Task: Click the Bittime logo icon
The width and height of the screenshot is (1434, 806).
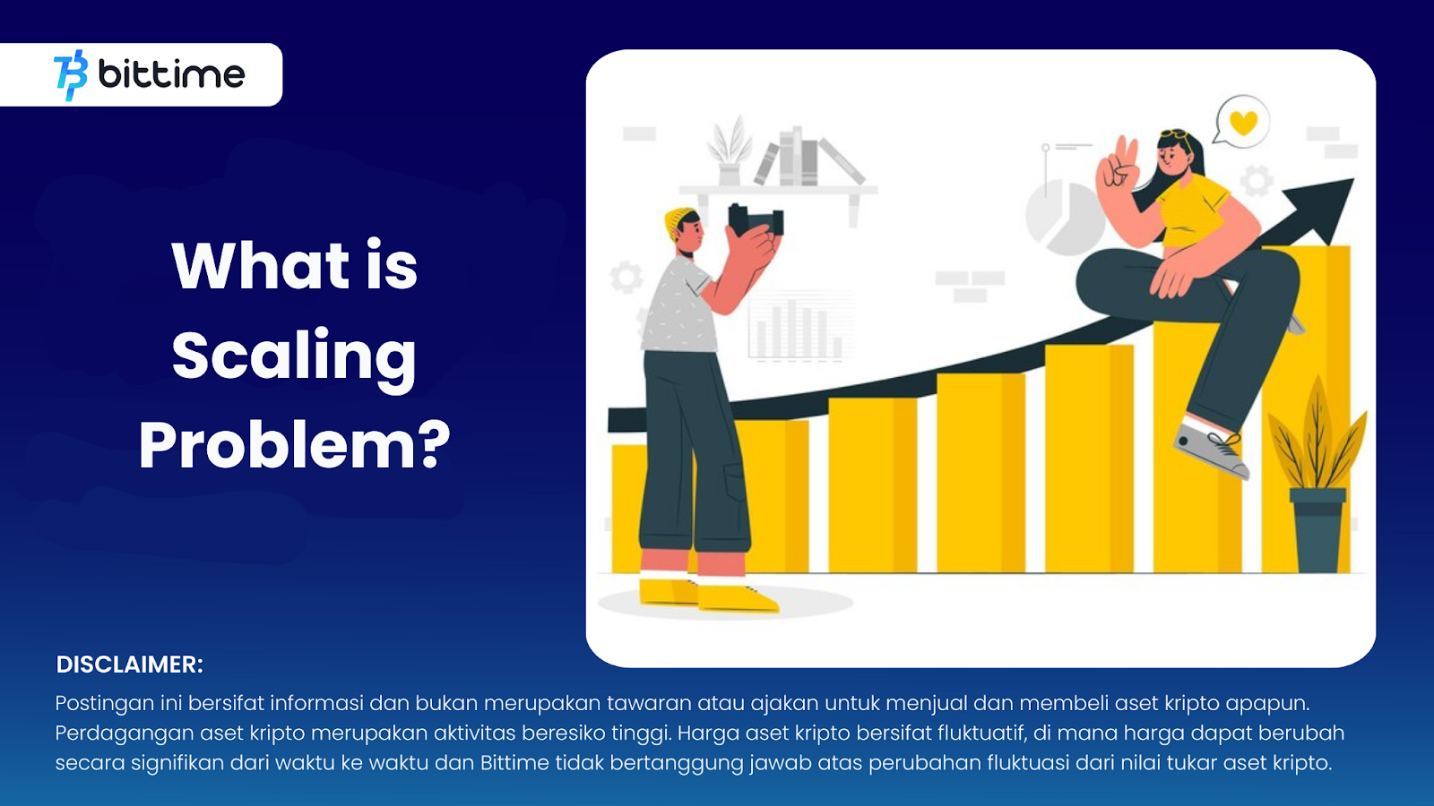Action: click(x=71, y=75)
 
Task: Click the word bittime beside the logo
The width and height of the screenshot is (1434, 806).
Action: click(x=171, y=75)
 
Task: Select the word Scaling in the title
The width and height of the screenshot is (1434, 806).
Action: click(x=295, y=357)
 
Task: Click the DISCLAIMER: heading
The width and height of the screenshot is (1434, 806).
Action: click(x=129, y=665)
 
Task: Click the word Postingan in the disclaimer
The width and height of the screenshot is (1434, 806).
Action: click(x=104, y=704)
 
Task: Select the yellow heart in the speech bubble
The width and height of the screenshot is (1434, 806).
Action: click(x=1244, y=122)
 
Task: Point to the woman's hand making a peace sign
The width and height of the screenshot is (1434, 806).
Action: click(x=1117, y=167)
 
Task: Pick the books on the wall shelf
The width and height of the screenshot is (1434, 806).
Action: click(x=808, y=156)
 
